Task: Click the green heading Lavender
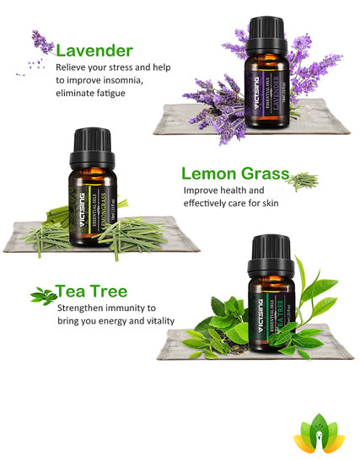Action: click(94, 51)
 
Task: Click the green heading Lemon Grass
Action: click(235, 174)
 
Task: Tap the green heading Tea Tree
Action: click(93, 292)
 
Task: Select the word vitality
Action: click(157, 321)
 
